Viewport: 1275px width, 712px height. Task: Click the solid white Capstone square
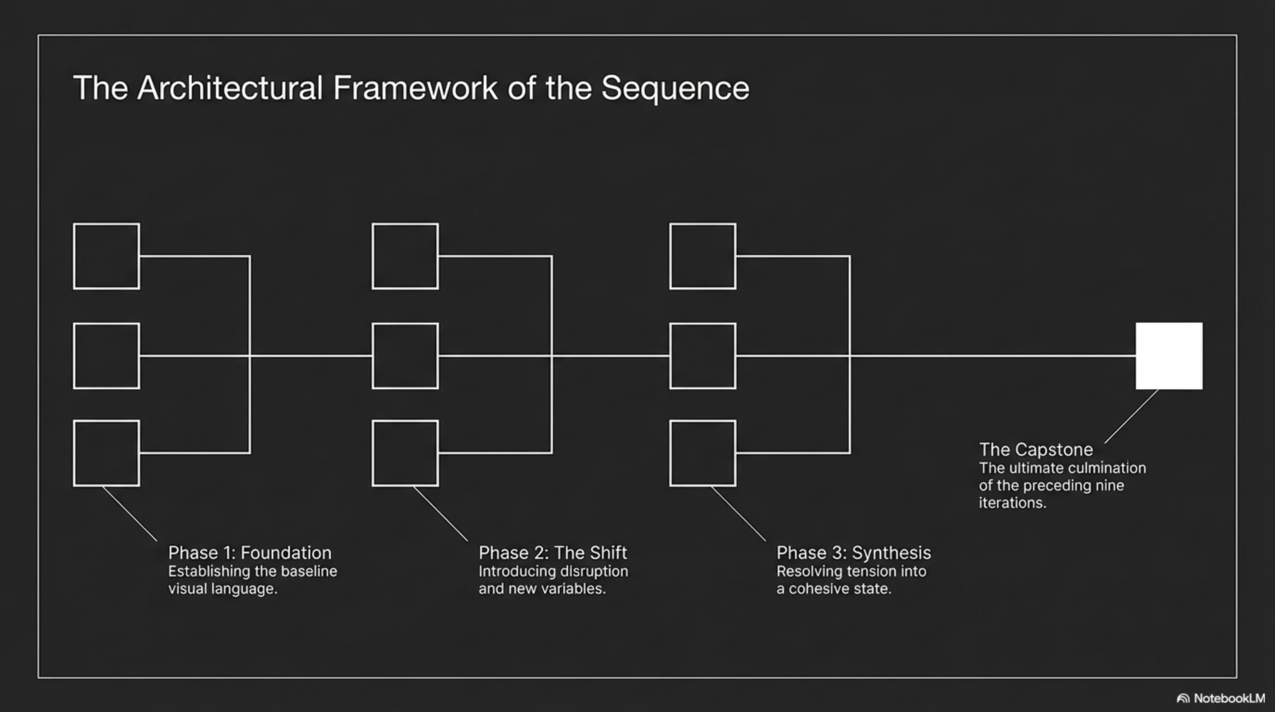(1168, 356)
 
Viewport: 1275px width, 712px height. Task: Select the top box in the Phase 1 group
(107, 256)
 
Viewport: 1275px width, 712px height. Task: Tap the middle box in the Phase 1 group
(107, 356)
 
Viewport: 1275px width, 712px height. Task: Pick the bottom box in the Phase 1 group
(107, 453)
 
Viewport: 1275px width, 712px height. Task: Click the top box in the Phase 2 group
(405, 256)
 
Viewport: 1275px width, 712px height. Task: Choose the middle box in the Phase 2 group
(405, 356)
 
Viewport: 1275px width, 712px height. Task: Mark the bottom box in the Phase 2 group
(405, 453)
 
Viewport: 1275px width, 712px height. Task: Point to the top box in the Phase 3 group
(702, 256)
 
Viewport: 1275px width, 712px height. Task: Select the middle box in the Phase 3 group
(702, 356)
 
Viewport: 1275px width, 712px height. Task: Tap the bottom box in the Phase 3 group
(702, 453)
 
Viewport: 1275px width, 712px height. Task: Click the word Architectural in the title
(230, 88)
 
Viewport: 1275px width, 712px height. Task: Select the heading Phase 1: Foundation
(249, 553)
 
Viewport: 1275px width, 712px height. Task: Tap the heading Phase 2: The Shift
(552, 553)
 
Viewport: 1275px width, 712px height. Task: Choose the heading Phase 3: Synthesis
(853, 553)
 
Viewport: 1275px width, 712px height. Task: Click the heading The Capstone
(1036, 450)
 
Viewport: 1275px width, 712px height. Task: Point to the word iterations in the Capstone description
(1012, 503)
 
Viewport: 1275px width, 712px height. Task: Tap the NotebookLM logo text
(1229, 698)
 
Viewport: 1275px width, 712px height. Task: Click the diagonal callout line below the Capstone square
(1131, 416)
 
